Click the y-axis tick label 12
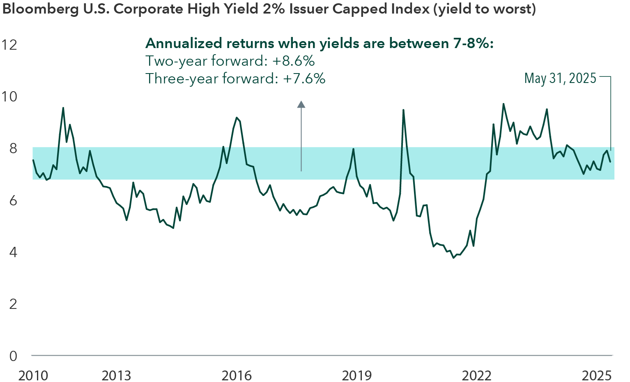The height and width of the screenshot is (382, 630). pos(9,44)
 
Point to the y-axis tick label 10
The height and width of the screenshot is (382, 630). pos(9,97)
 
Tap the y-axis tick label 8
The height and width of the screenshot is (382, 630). pos(13,148)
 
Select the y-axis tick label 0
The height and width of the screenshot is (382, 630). pos(13,356)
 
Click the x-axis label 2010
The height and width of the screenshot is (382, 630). pos(33,375)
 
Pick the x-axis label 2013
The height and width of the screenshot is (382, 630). pos(116,375)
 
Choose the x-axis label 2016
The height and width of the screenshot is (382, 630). pos(237,375)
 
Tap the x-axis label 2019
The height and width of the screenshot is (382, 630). pos(357,375)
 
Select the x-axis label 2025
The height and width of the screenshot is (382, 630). pos(597,375)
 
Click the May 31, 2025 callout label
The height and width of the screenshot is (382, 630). pos(560,78)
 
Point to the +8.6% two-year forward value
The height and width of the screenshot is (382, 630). pos(293,61)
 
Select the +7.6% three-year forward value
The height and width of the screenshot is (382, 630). pos(304,78)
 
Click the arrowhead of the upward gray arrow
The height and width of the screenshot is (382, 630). pos(301,104)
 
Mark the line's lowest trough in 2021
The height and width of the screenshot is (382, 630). pos(453,258)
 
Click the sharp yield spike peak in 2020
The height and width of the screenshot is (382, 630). pos(403,110)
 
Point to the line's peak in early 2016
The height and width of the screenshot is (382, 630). pos(237,117)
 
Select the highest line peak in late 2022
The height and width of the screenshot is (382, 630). pos(504,104)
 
